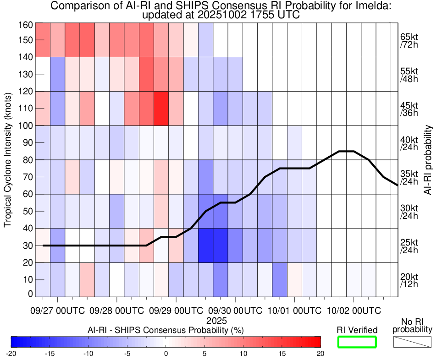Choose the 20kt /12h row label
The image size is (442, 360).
point(408,280)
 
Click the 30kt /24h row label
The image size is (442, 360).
point(408,211)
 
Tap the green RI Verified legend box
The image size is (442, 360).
point(357,342)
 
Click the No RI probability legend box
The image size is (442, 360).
point(412,342)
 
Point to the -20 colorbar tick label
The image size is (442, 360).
point(11,353)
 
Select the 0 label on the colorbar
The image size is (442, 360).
point(166,353)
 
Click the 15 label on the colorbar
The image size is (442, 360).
point(282,353)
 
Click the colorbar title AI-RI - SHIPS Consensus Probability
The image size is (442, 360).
point(166,330)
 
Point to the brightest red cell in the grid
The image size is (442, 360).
point(161,108)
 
